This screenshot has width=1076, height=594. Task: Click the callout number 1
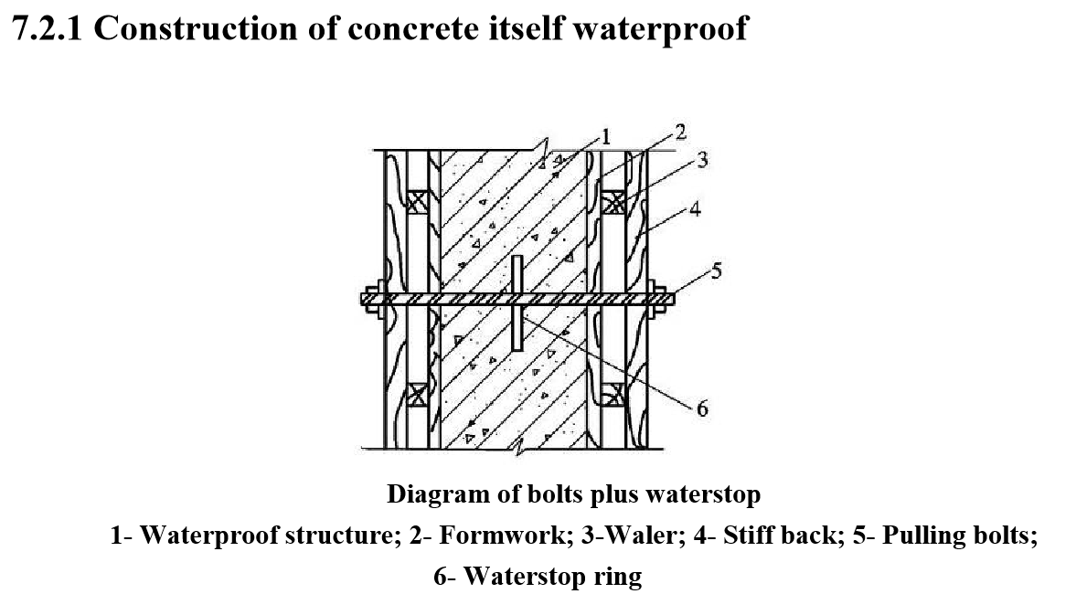(604, 137)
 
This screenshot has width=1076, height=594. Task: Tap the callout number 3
(701, 162)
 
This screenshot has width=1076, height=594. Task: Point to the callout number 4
(696, 208)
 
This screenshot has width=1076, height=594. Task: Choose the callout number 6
(701, 408)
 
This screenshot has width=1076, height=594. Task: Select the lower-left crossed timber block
(417, 395)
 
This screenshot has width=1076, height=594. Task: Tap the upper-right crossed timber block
(613, 201)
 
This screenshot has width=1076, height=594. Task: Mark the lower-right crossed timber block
(613, 395)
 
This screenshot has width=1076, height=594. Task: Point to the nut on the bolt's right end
(655, 298)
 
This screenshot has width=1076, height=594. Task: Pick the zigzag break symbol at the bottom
(521, 449)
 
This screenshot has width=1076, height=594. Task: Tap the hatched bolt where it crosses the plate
(517, 298)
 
